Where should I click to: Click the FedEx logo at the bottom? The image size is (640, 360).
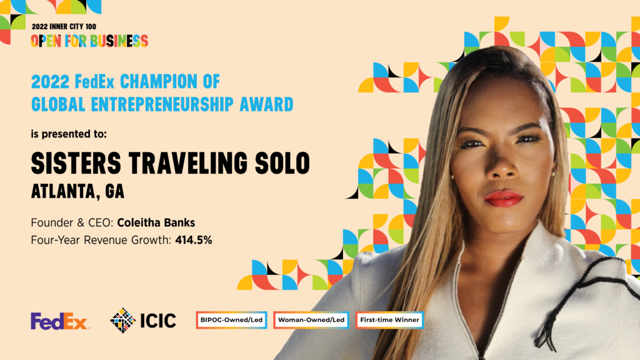[60, 321]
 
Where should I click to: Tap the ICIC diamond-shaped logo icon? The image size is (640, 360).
[122, 321]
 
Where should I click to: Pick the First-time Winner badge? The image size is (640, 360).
[390, 320]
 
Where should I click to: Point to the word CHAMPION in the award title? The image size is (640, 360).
[166, 82]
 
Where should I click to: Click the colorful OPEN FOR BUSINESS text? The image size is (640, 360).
[89, 41]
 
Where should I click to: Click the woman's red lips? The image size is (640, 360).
[503, 198]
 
